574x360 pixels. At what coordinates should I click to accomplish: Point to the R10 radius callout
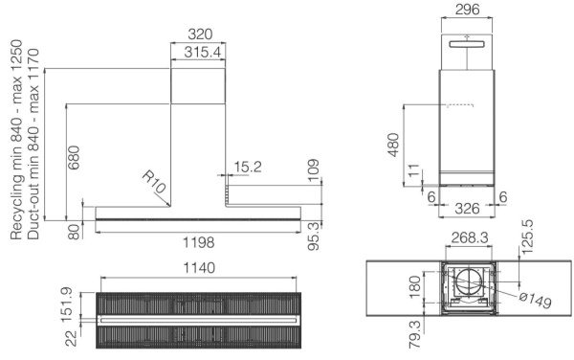coord(153,181)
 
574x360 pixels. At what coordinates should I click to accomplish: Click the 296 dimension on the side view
coord(468,10)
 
